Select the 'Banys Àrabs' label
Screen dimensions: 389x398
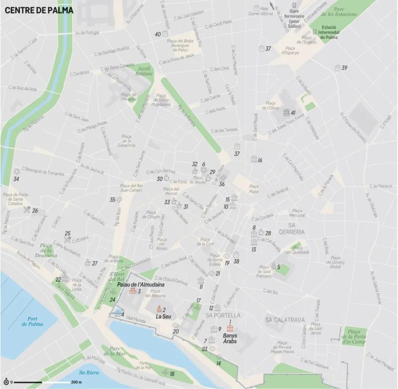pos(229,339)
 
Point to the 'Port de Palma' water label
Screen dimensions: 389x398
pos(33,321)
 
